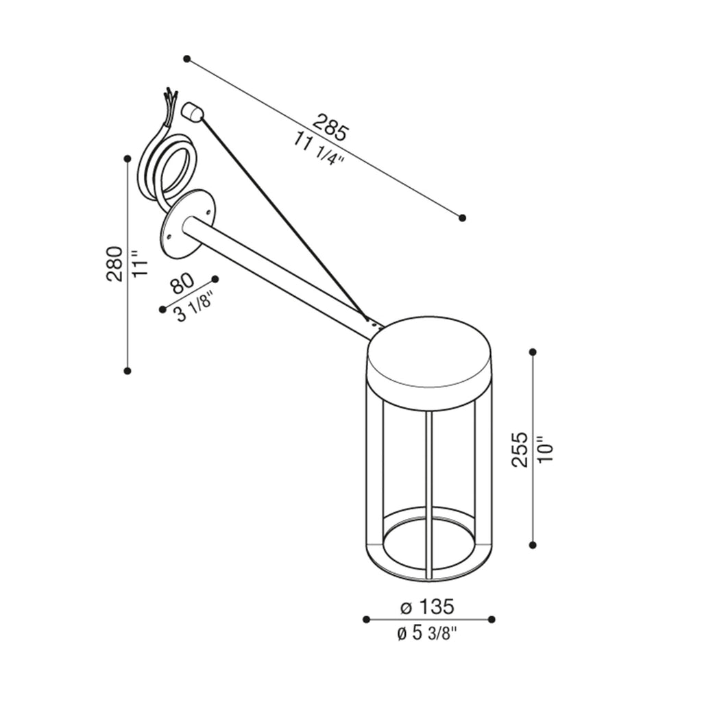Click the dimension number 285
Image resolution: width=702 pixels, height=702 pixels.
330,128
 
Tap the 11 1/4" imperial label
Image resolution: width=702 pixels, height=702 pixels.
318,149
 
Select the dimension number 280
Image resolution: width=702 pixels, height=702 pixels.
114,264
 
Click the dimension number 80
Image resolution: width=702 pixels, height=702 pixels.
182,283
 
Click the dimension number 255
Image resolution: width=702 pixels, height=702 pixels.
520,450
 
